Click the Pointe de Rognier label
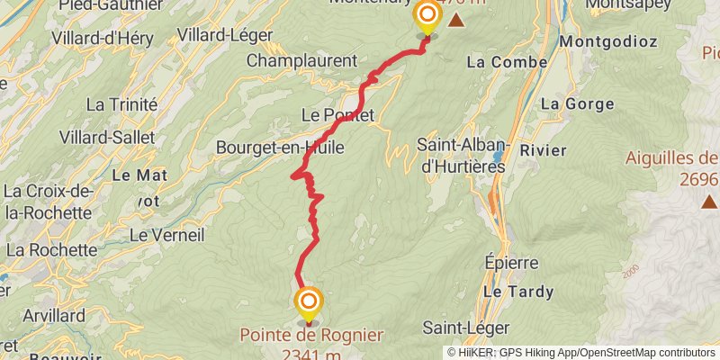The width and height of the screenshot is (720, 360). (x=310, y=335)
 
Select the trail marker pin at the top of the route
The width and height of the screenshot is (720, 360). (x=426, y=16)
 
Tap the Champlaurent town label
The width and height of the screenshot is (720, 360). (x=301, y=61)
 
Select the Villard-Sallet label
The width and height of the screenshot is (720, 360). (x=107, y=138)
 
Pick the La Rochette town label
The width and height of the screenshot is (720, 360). (x=51, y=249)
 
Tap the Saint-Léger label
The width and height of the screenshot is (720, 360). (x=466, y=328)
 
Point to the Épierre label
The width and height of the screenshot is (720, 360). (x=510, y=264)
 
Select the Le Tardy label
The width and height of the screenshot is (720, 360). (x=510, y=292)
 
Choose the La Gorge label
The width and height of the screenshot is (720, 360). (x=564, y=104)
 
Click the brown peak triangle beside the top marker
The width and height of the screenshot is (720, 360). (x=457, y=20)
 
